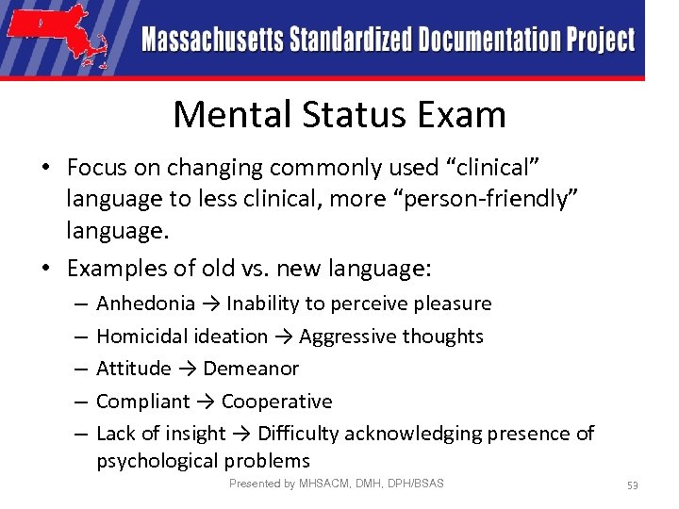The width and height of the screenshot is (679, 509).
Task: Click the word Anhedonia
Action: (145, 304)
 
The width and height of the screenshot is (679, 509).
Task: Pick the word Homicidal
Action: (141, 337)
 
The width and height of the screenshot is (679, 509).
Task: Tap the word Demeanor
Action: (251, 369)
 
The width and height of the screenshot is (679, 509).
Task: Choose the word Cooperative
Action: (277, 402)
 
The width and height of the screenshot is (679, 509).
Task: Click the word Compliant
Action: (143, 402)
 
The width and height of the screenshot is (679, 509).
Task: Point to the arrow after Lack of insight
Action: (241, 434)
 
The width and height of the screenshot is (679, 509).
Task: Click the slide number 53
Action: (633, 484)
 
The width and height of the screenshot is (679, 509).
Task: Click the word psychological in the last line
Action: (158, 461)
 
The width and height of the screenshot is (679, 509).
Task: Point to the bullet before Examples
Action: (45, 269)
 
